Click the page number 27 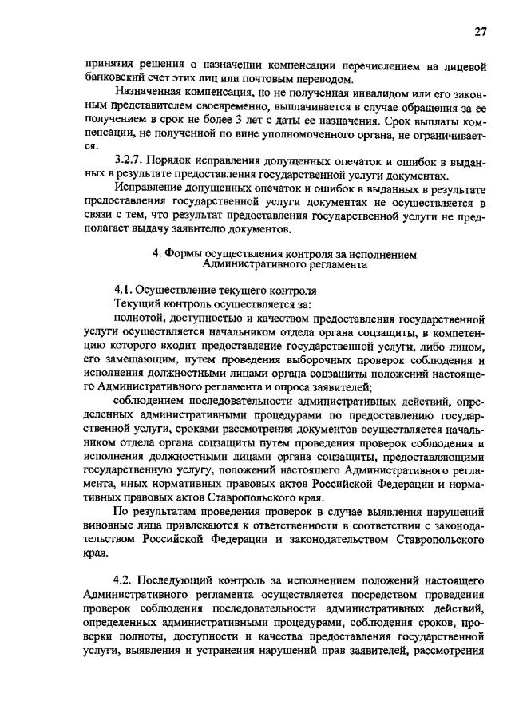point(480,32)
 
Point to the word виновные point(109,525)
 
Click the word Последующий point(181,578)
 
